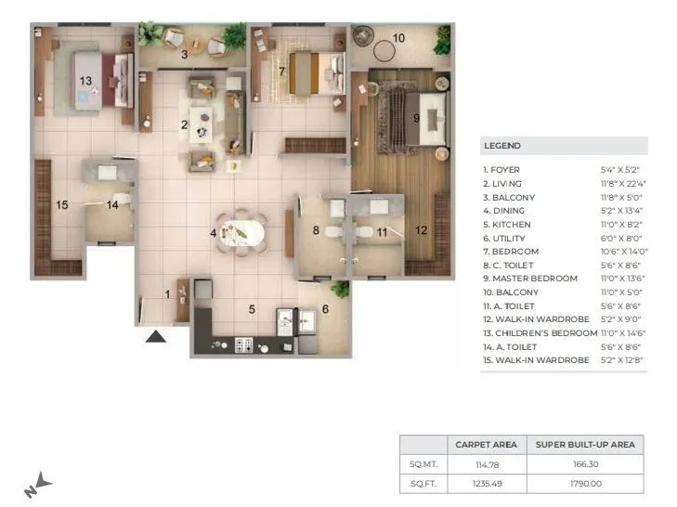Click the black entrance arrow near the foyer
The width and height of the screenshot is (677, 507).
coord(156,335)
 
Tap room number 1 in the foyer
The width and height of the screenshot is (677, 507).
coord(168,294)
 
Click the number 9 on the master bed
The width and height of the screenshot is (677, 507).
coord(417,118)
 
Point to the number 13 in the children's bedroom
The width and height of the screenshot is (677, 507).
coord(85,82)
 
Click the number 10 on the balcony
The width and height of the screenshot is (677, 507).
coord(398,38)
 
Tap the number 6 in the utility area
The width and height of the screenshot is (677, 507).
coord(325,310)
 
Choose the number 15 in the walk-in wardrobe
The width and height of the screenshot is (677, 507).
coord(61,205)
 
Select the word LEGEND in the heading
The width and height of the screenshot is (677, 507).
coord(502,146)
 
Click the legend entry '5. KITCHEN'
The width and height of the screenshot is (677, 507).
coord(506,224)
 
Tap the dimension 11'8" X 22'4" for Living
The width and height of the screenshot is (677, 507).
coord(623,184)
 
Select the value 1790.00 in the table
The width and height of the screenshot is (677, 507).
coord(585,483)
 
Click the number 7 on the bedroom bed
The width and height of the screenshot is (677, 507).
coord(281,71)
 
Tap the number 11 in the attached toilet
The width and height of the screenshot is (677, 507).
coord(381,231)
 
